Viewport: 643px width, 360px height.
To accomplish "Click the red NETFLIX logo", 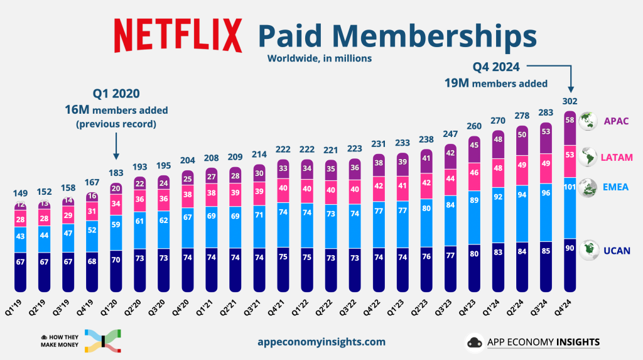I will pos(178,35).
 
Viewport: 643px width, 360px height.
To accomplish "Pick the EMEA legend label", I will pos(615,187).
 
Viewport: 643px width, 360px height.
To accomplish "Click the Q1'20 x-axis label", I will pos(113,306).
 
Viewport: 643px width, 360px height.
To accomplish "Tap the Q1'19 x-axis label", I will pos(18,306).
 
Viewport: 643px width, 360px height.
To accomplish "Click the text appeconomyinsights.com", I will pos(321,342).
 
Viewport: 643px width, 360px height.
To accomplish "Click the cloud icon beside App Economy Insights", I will pos(473,342).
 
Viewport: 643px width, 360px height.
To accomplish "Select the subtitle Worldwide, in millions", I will pos(320,58).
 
